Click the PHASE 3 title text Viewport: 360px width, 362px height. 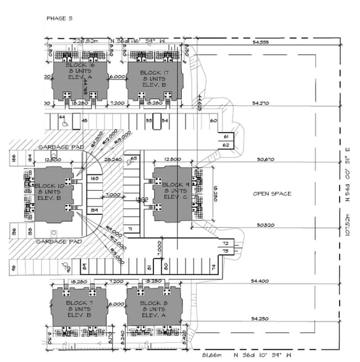tap(59, 18)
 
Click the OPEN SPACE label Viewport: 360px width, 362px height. tap(271, 194)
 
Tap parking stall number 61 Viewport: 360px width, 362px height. tap(226, 136)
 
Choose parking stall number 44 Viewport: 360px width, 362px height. tap(62, 116)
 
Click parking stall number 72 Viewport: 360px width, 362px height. tap(225, 244)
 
